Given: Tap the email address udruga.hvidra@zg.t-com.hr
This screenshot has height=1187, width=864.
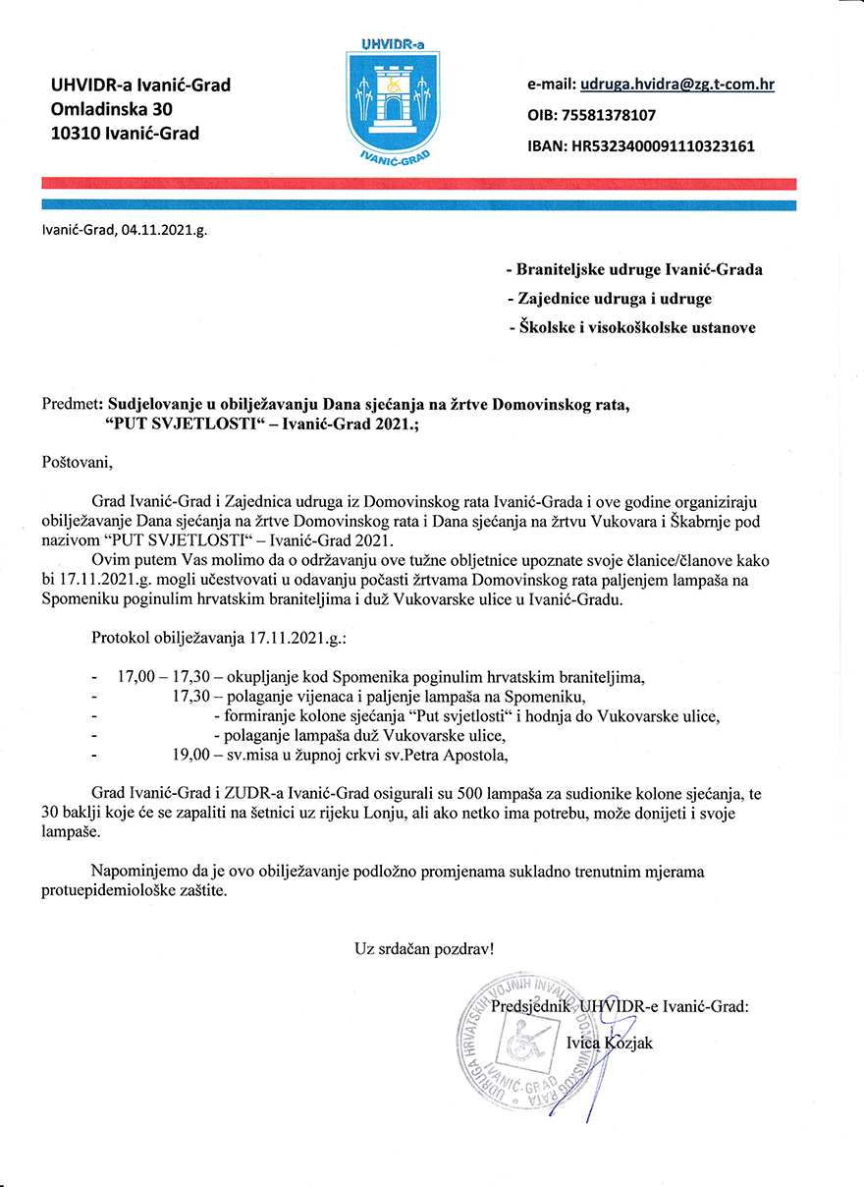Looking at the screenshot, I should [676, 85].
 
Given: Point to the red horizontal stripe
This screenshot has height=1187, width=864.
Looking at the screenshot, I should [418, 184].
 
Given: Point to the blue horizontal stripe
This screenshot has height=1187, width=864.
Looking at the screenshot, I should [418, 204].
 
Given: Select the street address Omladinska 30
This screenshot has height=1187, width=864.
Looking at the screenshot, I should [110, 109].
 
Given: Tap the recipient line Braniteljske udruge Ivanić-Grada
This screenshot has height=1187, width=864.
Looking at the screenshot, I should [633, 269].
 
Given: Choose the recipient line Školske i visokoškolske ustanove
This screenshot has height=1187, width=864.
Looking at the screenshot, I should [632, 327].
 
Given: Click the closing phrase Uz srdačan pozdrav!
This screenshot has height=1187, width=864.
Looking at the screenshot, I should [424, 949].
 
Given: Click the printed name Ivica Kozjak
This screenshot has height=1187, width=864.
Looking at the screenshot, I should [609, 1043].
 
